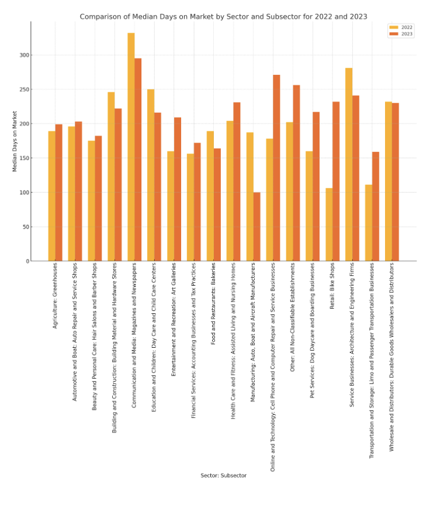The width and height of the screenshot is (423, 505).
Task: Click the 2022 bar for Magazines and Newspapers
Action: [131, 147]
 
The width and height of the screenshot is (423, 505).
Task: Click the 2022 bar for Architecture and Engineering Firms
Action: [349, 164]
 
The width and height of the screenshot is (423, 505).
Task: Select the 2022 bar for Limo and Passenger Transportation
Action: [369, 223]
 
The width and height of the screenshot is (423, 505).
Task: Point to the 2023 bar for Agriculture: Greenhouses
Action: [59, 192]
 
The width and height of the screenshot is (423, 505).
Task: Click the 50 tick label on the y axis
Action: [25, 227]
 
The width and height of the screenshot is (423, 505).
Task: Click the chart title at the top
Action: [223, 16]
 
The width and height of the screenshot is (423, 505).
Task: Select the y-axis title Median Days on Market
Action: [15, 141]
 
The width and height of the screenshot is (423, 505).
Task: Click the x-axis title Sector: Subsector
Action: [223, 475]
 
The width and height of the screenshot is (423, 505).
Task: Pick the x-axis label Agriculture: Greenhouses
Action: [56, 295]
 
